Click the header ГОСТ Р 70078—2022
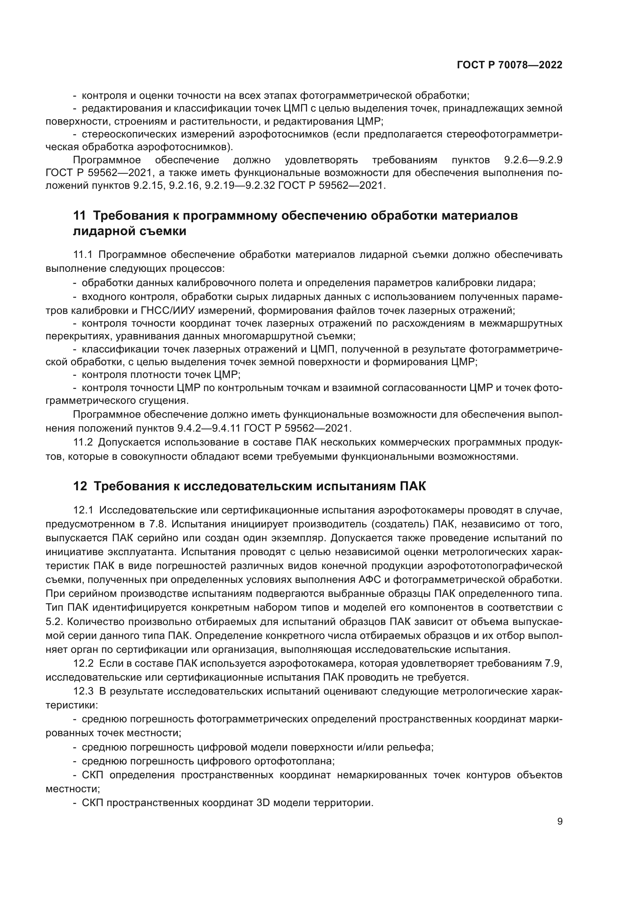click(510, 65)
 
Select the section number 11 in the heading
click(79, 216)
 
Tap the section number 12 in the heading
click(80, 486)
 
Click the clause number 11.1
click(83, 255)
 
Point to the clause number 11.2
click(83, 442)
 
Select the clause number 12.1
click(83, 510)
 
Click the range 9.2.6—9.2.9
click(533, 160)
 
